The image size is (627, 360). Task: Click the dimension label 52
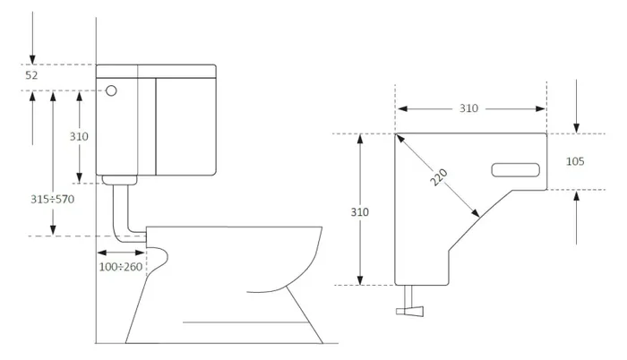[31, 76]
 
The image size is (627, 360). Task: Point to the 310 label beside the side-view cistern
[80, 136]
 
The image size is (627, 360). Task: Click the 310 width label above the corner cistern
[468, 108]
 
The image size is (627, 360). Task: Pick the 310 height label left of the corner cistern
[360, 212]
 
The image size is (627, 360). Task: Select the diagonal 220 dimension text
[439, 177]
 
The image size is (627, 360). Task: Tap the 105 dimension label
[575, 161]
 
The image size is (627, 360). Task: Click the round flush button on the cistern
[111, 90]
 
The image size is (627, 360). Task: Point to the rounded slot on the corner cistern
[517, 167]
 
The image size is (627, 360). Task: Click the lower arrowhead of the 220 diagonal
[476, 213]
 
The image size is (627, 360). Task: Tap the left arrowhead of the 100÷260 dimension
[99, 253]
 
